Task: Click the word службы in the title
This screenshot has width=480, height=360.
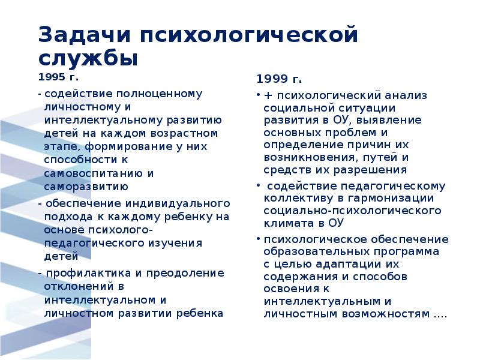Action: [x=89, y=59]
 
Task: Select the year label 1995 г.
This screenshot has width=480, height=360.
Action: [x=58, y=77]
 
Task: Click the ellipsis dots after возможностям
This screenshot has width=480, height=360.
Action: [x=441, y=314]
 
